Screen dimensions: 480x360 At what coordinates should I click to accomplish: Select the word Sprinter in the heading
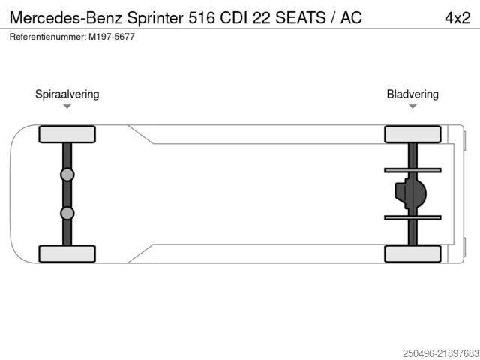[x=155, y=18]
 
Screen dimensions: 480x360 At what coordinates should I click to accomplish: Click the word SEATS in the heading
[x=300, y=17]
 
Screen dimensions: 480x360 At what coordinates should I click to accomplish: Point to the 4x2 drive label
[x=457, y=18]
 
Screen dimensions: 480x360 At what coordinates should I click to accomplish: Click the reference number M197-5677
[x=112, y=37]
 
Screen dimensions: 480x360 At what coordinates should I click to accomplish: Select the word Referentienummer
[x=48, y=37]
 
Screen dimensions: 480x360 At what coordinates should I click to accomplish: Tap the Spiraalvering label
[x=67, y=94]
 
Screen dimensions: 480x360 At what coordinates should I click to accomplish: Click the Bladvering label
[x=412, y=94]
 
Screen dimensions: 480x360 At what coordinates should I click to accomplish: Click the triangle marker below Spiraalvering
[x=67, y=106]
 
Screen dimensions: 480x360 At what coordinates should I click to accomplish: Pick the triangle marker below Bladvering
[x=412, y=106]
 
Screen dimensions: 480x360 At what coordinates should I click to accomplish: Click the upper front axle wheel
[x=67, y=134]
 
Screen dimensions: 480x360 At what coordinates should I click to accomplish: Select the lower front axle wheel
[x=67, y=253]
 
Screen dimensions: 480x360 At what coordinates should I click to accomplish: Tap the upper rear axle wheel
[x=412, y=134]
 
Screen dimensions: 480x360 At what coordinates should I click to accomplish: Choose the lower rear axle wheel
[x=412, y=253]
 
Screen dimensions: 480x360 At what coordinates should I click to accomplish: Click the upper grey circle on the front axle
[x=67, y=175]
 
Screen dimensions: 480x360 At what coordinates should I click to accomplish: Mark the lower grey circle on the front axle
[x=67, y=213]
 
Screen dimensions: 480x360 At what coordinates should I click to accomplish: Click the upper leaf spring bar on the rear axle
[x=412, y=170]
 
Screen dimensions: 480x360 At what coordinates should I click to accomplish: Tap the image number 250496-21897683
[x=441, y=353]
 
